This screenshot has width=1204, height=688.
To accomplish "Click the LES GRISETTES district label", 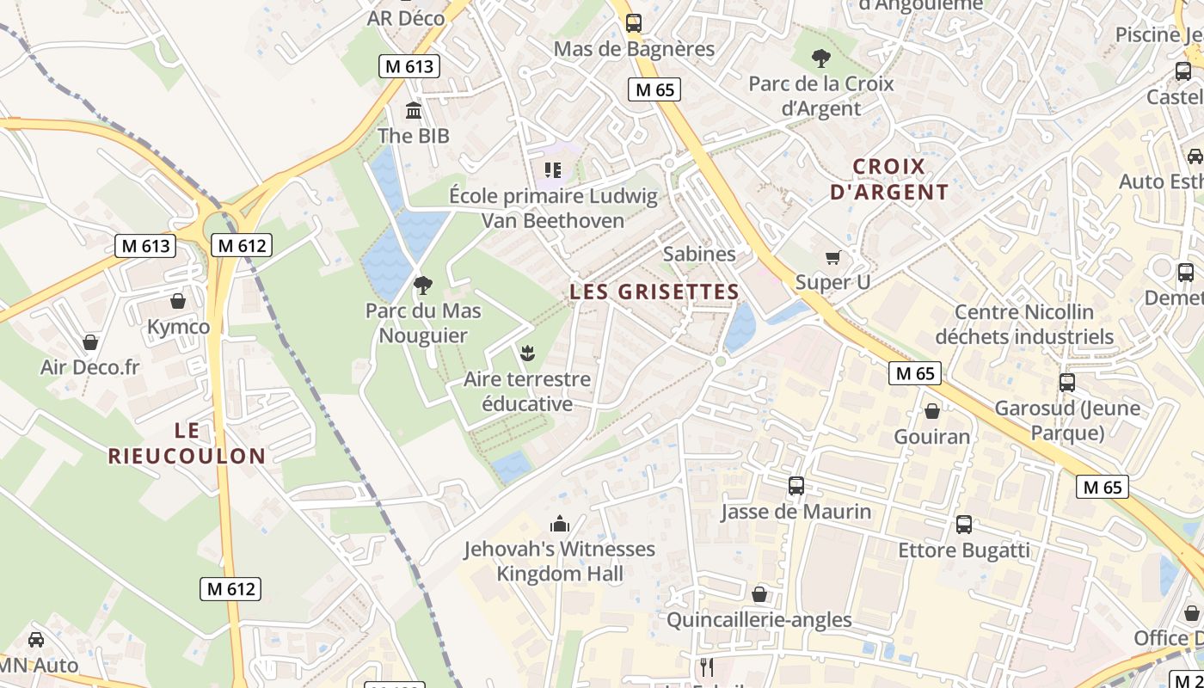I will click(654, 292).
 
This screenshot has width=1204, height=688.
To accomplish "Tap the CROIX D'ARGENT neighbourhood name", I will click(889, 179).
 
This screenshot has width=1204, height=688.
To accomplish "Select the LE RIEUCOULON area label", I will click(187, 443).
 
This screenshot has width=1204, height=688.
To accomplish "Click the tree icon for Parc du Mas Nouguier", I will click(422, 285).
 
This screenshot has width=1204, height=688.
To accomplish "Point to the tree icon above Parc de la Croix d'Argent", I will click(820, 58).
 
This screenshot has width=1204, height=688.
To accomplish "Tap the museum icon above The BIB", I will click(414, 111).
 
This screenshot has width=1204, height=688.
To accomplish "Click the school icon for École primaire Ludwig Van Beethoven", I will click(552, 170).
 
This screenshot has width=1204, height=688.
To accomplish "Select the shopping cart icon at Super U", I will click(832, 257).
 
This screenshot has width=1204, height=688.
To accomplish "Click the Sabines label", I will click(699, 254).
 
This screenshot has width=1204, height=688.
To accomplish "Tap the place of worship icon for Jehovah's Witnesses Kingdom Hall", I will click(560, 523).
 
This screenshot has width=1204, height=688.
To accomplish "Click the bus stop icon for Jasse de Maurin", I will click(795, 486).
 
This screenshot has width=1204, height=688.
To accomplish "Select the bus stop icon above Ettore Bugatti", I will click(963, 524).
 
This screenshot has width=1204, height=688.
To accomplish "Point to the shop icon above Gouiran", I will click(931, 411).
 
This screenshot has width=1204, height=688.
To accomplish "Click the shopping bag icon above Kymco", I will click(178, 301).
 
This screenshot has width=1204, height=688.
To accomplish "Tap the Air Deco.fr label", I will click(89, 367).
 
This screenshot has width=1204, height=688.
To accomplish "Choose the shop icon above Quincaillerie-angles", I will click(759, 594).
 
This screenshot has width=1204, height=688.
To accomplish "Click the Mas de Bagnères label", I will click(634, 49).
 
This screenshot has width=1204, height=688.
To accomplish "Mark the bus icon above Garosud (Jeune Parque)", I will click(1066, 382).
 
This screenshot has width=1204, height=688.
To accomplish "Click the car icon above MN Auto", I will click(35, 640).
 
